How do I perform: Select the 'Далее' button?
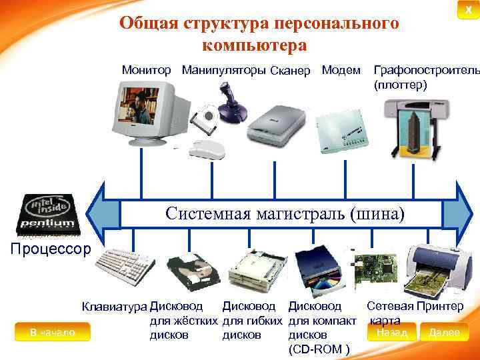pos(444,333)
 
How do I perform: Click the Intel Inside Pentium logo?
pos(50,215)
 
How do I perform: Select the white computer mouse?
pos(208,148)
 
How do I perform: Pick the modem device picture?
pos(344,131)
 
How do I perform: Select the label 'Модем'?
pos(341,70)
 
